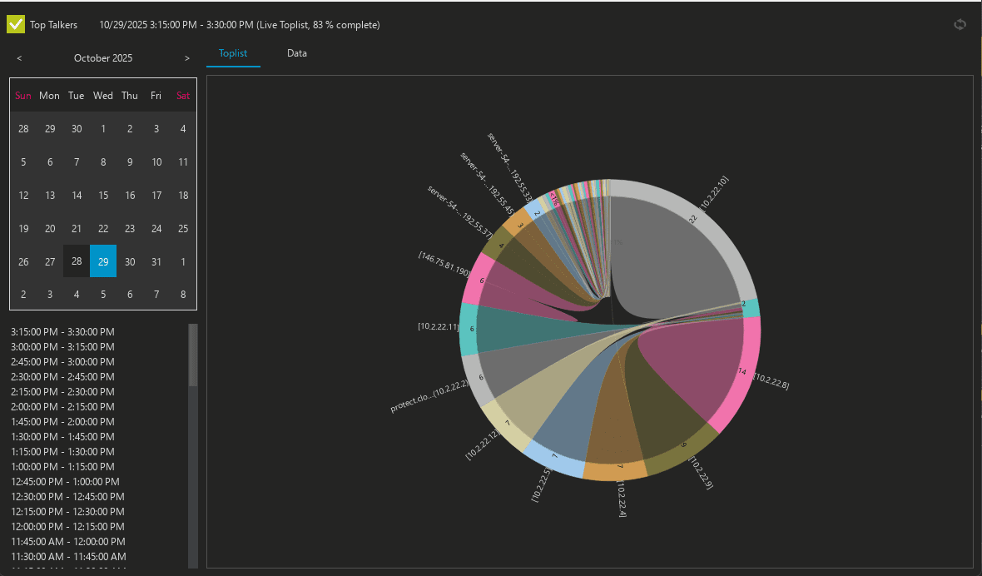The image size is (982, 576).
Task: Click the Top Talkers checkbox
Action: click(x=16, y=24)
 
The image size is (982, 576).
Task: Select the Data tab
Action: click(x=297, y=53)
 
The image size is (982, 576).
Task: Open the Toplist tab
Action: click(x=233, y=53)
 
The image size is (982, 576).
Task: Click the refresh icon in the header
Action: click(x=960, y=24)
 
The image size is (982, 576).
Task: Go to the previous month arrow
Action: click(x=19, y=58)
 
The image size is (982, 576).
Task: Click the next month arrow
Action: click(x=187, y=58)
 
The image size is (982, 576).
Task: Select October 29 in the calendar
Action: click(x=103, y=261)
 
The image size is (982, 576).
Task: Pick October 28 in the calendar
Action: click(x=77, y=261)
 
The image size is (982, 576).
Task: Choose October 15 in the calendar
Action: click(x=103, y=195)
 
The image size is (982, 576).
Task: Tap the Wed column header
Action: click(x=103, y=96)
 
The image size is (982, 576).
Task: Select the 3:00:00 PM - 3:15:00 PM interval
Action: click(x=63, y=346)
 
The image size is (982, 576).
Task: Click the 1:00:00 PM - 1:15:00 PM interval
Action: click(x=63, y=466)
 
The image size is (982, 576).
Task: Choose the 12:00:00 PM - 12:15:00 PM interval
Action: click(x=63, y=526)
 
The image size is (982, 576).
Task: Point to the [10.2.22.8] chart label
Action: click(x=771, y=381)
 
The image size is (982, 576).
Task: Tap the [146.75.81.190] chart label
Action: click(x=444, y=262)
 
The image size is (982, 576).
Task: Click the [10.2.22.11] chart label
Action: click(x=438, y=327)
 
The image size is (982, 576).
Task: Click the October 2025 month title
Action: click(x=103, y=58)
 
